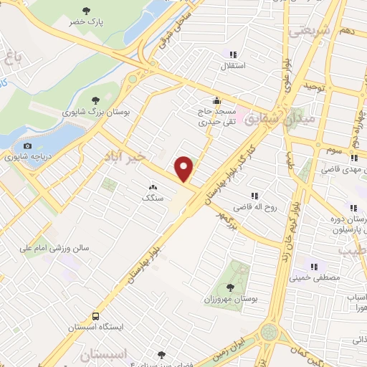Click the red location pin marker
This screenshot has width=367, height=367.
point(185,168)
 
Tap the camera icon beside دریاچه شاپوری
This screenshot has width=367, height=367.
point(27,146)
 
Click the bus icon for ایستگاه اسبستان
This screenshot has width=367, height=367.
point(95,316)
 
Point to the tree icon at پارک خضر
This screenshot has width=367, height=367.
point(87,11)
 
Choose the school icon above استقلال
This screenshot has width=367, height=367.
point(232,54)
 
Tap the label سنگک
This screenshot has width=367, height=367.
point(152,197)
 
